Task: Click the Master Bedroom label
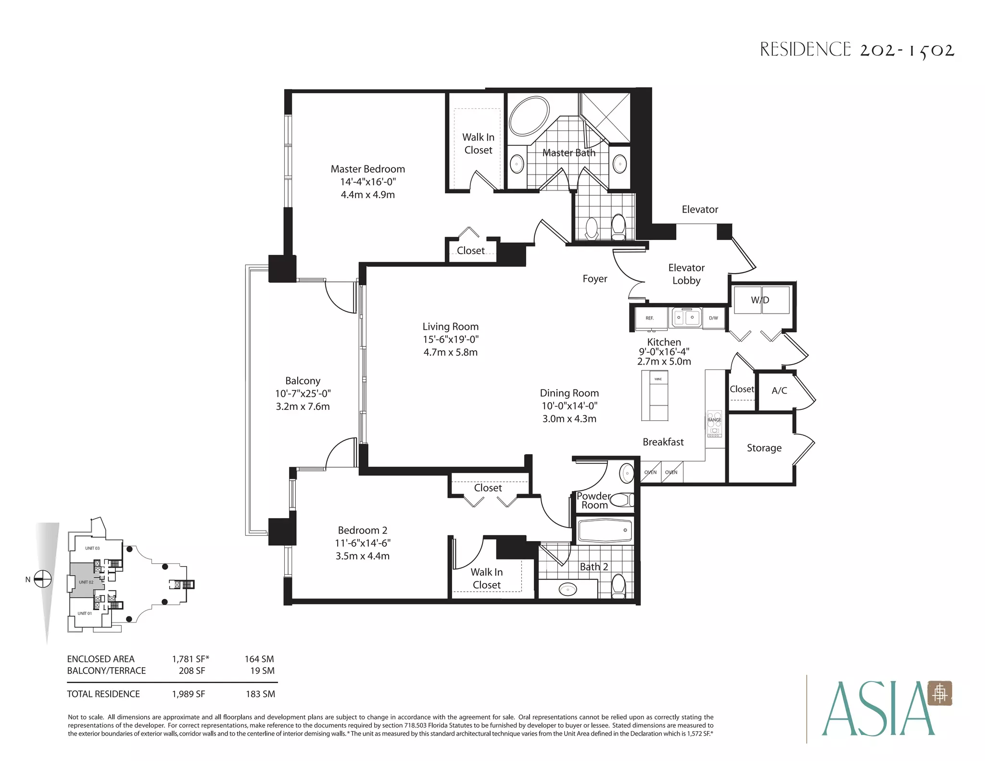click(368, 169)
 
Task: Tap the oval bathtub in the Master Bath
click(529, 117)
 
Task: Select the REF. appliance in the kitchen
click(650, 318)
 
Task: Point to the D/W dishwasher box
click(713, 318)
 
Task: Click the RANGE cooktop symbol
click(714, 423)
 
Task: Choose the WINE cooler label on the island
click(658, 379)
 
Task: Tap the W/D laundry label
click(760, 300)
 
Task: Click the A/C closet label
click(779, 391)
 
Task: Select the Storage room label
click(764, 448)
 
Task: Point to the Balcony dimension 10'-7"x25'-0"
click(303, 393)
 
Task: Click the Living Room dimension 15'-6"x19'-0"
click(451, 339)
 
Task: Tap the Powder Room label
click(594, 500)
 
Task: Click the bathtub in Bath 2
click(605, 530)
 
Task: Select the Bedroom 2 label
click(363, 530)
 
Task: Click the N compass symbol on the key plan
click(43, 579)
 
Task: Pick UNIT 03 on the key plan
click(92, 548)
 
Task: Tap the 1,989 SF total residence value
click(189, 694)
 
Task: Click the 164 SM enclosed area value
click(259, 659)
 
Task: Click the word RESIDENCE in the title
click(806, 50)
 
